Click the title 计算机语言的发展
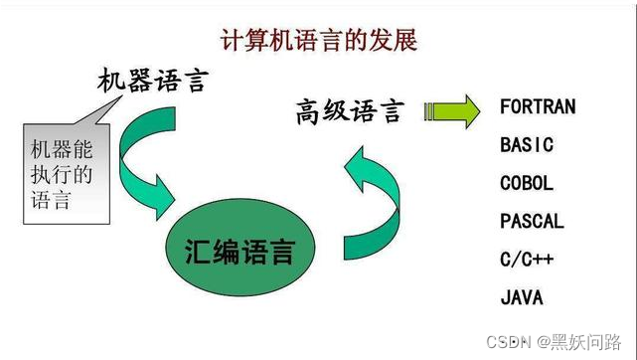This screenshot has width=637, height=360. pos(318,41)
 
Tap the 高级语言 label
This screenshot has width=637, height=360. pos(350,110)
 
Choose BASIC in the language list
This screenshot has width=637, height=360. pos(527,145)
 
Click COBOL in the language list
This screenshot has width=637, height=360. pos(527,183)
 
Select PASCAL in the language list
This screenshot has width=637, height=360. pos(532,221)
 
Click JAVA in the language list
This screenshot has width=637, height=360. pos(522,297)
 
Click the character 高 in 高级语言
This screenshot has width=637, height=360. pos(309,110)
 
